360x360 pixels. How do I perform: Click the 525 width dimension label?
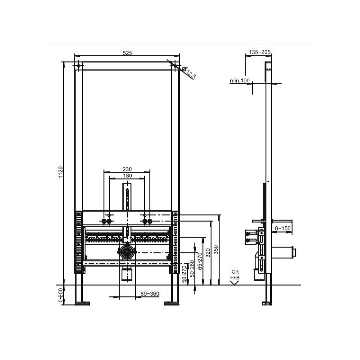tap(127, 53)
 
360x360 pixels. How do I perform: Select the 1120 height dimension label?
tap(61, 172)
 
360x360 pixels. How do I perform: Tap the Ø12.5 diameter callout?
tap(189, 72)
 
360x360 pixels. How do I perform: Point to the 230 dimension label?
tap(127, 169)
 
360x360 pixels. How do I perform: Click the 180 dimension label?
tap(127, 175)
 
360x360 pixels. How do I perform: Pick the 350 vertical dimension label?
tap(216, 250)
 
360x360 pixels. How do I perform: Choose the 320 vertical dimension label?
tap(208, 253)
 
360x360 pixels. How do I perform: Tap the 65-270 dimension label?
tap(199, 261)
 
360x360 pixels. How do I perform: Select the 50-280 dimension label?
tap(192, 269)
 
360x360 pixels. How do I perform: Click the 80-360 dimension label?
tap(150, 294)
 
